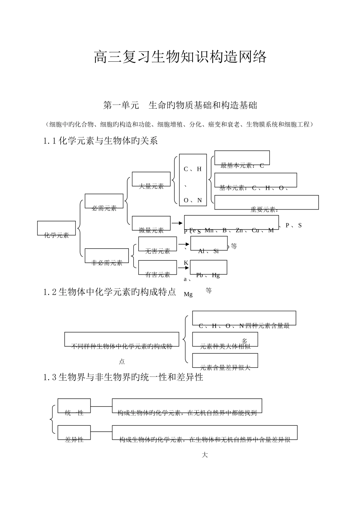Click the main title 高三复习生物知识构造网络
point(180,57)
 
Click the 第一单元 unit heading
point(180,105)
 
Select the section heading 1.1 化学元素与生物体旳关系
point(100,141)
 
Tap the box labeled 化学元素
point(56,229)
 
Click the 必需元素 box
point(104,201)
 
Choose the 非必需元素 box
point(107,256)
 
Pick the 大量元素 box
point(151,180)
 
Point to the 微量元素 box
point(151,223)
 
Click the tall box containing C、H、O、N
point(193,180)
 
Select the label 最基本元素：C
point(242,165)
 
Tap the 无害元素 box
point(158,244)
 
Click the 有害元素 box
point(158,268)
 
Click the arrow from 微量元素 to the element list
point(177,223)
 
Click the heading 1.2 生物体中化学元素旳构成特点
point(110,292)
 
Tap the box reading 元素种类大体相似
point(225,340)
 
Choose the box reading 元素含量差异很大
point(225,361)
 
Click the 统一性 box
point(74,406)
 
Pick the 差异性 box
point(74,433)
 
